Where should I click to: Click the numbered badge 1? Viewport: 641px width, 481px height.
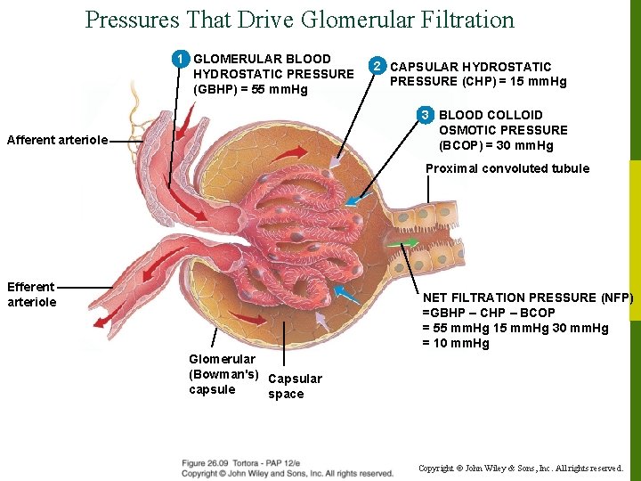(x=181, y=59)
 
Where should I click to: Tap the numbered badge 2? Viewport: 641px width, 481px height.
(x=378, y=66)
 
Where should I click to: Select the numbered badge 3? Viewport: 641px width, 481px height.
(x=426, y=115)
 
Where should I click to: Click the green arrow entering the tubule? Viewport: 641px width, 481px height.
(x=404, y=242)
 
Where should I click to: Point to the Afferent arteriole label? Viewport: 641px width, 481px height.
(x=57, y=140)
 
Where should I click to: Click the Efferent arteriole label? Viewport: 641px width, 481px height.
(x=31, y=294)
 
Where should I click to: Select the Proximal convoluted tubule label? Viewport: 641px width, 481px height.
(x=507, y=168)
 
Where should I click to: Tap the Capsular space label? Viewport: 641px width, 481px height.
(x=295, y=387)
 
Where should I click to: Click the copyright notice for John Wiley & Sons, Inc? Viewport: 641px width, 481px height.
(x=520, y=468)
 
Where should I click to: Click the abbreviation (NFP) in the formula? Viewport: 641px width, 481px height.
(x=616, y=298)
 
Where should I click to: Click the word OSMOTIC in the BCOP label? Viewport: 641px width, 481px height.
(x=473, y=130)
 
